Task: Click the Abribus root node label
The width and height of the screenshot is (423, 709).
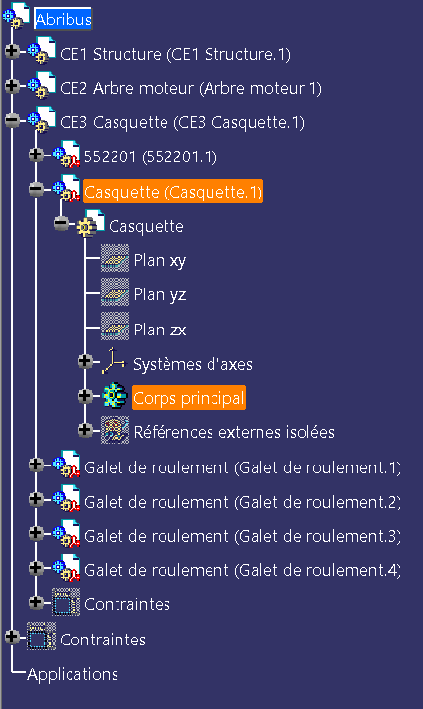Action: pyautogui.click(x=64, y=20)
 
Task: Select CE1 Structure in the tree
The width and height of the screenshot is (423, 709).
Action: pyautogui.click(x=175, y=54)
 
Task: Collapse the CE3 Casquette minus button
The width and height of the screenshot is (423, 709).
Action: pyautogui.click(x=12, y=120)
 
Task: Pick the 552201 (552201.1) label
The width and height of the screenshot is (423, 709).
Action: pyautogui.click(x=151, y=156)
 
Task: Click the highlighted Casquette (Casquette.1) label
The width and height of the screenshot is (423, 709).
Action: pyautogui.click(x=173, y=192)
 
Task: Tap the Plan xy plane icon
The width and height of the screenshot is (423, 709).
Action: pyautogui.click(x=115, y=258)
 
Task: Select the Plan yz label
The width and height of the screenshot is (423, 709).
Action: pyautogui.click(x=160, y=294)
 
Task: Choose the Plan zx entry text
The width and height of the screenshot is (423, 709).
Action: pyautogui.click(x=160, y=330)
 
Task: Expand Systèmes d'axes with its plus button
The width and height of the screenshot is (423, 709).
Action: pyautogui.click(x=84, y=361)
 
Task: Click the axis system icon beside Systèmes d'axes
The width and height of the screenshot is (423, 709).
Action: pyautogui.click(x=114, y=361)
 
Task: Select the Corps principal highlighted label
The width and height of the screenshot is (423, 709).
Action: pyautogui.click(x=189, y=398)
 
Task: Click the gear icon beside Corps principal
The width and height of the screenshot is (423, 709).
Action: pyautogui.click(x=115, y=396)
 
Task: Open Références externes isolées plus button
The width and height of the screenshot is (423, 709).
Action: pyautogui.click(x=84, y=430)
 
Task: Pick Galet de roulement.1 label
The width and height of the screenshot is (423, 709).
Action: pyautogui.click(x=243, y=467)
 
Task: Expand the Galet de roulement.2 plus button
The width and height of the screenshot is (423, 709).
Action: pyautogui.click(x=36, y=499)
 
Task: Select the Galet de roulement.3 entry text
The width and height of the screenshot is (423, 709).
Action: pyautogui.click(x=243, y=536)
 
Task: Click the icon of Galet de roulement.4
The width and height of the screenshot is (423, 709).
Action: pyautogui.click(x=67, y=567)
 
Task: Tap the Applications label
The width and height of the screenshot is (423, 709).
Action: pyautogui.click(x=72, y=674)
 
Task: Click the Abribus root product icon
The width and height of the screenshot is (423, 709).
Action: pyautogui.click(x=17, y=17)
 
